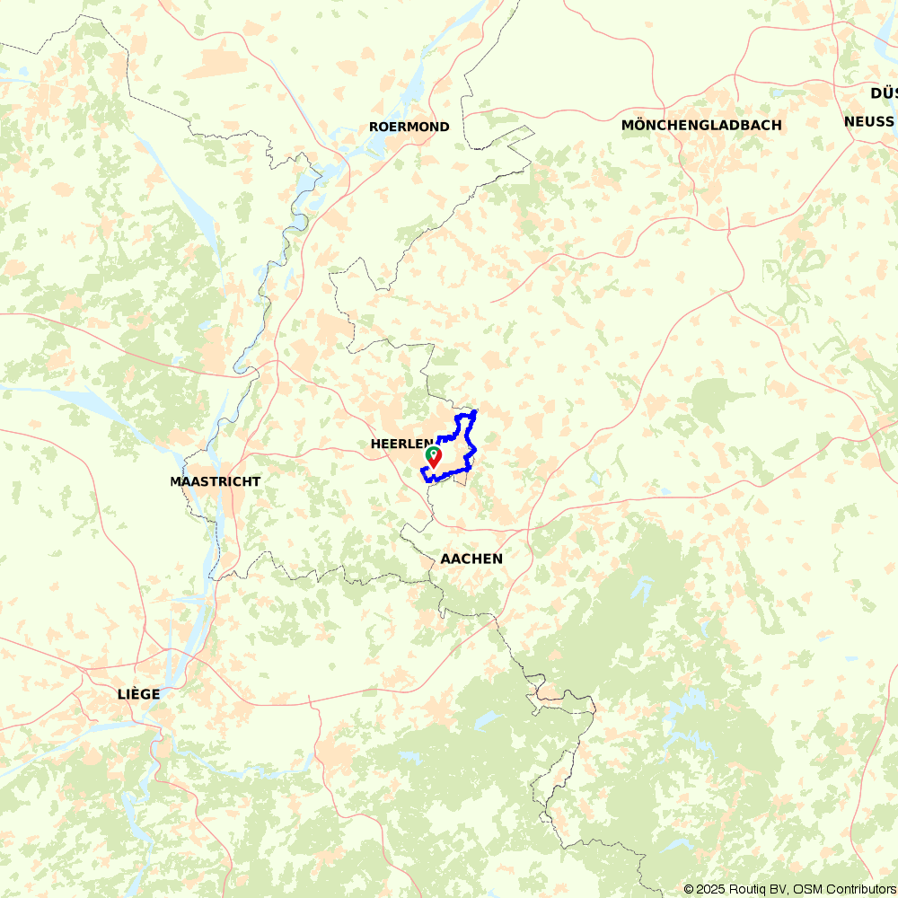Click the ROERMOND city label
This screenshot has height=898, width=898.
409,127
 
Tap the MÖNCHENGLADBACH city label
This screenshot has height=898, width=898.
701,125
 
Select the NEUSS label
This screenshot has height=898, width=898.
868,121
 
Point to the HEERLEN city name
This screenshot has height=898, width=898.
401,444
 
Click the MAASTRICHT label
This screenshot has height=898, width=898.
216,481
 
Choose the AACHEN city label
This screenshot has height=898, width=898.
471,559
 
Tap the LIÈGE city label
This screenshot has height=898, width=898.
138,694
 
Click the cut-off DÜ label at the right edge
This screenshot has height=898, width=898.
883,93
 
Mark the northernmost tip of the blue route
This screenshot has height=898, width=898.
474,411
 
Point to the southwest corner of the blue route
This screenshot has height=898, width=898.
424,469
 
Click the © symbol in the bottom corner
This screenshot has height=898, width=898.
689,889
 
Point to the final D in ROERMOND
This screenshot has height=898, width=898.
444,127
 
